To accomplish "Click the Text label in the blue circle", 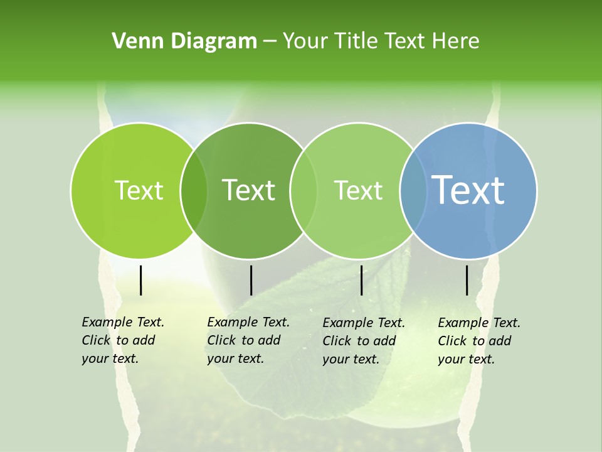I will click(x=468, y=190).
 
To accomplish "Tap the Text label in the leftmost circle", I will click(x=139, y=190).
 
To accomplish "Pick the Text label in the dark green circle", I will click(x=248, y=190).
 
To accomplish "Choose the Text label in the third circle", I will click(x=358, y=190).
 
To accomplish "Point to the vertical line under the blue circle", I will click(x=467, y=280).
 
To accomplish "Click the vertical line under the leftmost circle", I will click(x=141, y=280).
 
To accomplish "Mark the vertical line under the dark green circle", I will click(x=251, y=280).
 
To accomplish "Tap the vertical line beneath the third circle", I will click(x=361, y=280).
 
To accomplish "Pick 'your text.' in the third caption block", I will click(x=351, y=359).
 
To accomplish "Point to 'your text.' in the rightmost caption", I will click(x=467, y=359).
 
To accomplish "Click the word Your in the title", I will click(x=305, y=41).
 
